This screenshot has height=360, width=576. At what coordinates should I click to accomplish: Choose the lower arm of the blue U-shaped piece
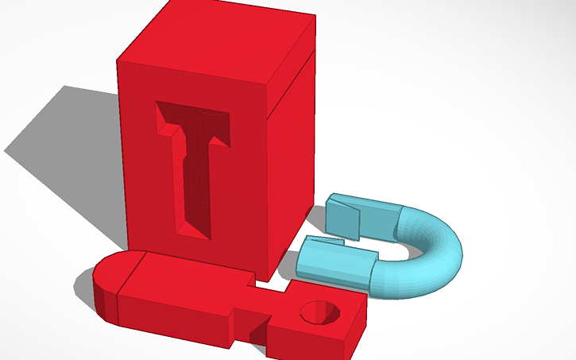click(x=338, y=262)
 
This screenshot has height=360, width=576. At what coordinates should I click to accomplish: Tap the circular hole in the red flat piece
click(x=322, y=312)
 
